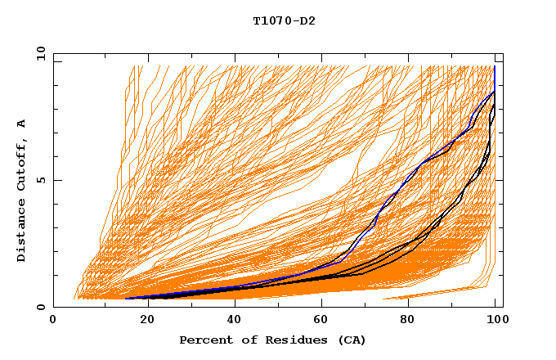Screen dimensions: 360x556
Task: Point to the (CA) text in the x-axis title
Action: [x=352, y=340]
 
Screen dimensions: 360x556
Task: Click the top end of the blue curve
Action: [x=495, y=67]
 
